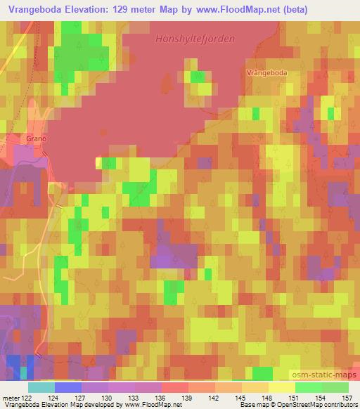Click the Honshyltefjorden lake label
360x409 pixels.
coord(195,40)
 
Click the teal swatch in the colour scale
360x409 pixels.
coord(41,387)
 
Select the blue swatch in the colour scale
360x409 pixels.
coord(68,387)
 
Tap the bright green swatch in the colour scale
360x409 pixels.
coord(308,387)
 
